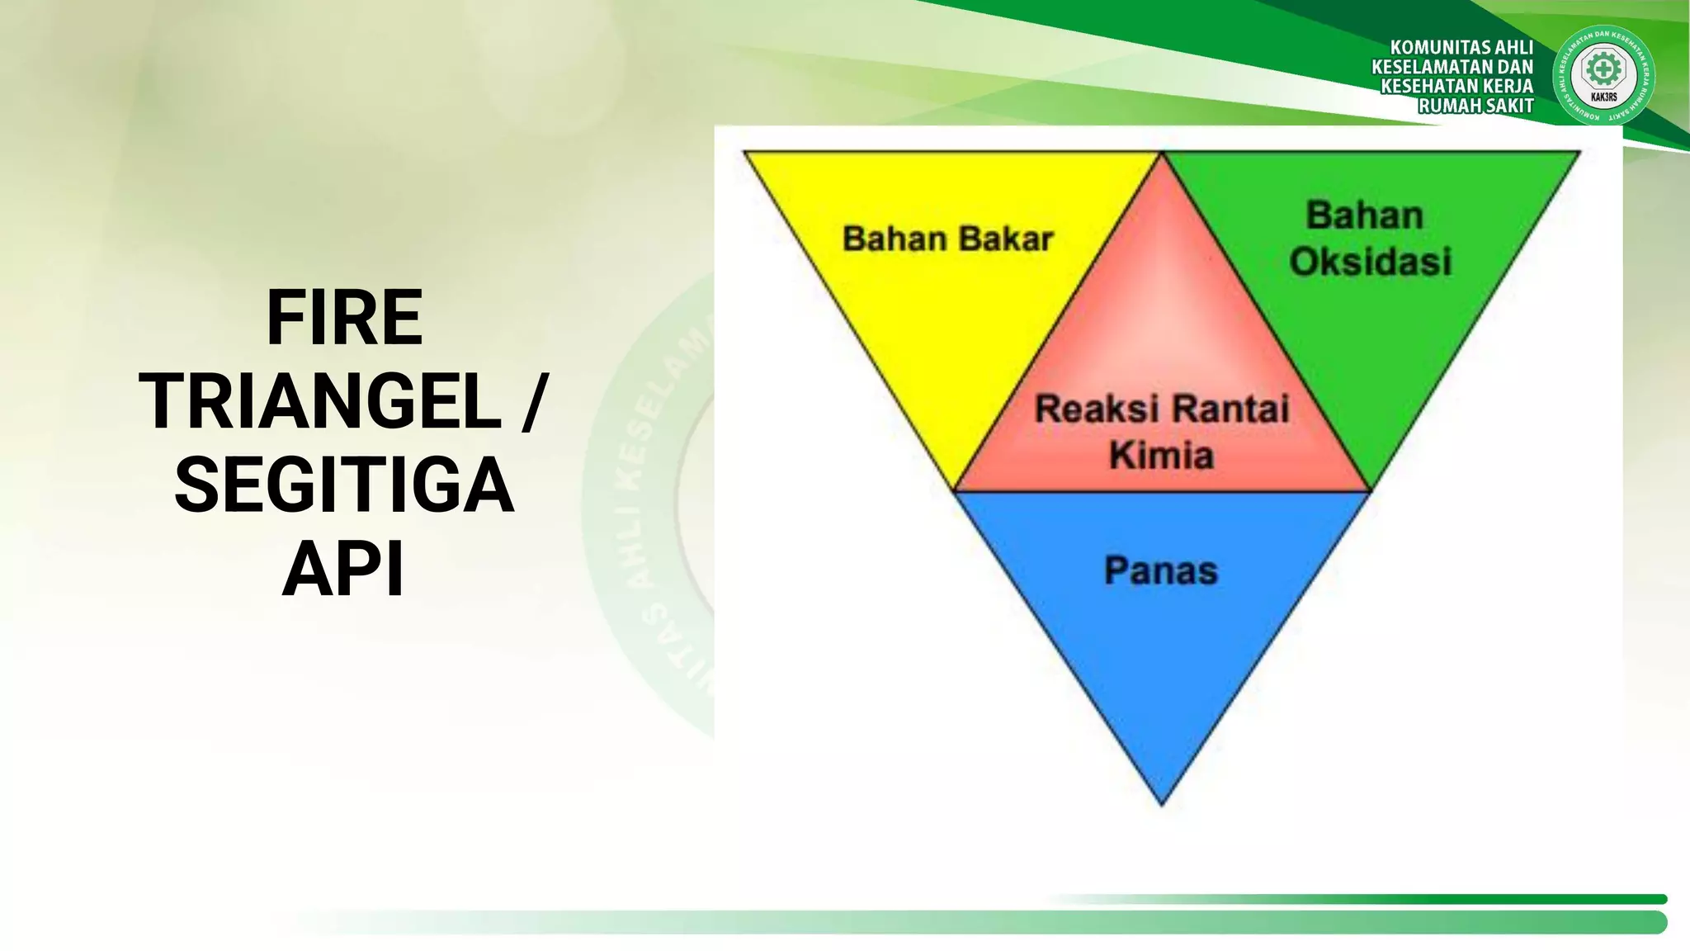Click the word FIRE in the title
344,318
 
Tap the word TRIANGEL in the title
321,402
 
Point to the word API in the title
344,570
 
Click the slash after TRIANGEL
534,402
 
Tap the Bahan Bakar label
947,239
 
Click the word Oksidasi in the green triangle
1370,262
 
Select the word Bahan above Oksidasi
1364,215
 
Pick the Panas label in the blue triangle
1161,570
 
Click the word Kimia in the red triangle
1161,455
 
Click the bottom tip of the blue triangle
1161,802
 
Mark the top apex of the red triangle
1162,155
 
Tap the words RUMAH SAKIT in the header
1475,106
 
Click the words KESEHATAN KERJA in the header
1456,86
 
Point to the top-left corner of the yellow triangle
746,153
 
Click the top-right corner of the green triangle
1578,153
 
